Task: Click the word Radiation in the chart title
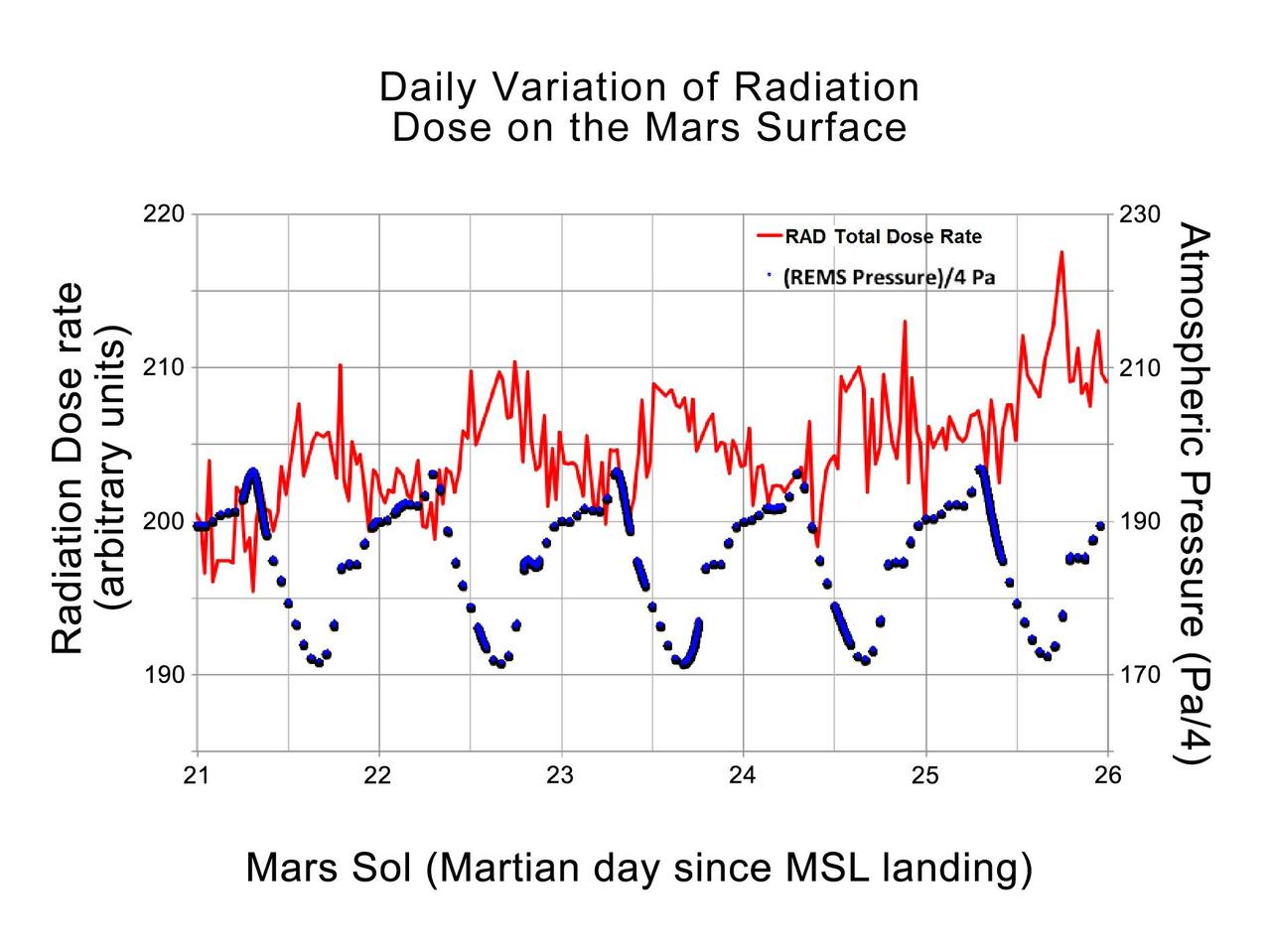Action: point(826,87)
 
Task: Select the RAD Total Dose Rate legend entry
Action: point(883,236)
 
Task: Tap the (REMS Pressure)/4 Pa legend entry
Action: point(888,277)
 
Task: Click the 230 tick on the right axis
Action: point(1139,214)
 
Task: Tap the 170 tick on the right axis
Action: point(1139,675)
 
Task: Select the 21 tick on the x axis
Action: point(197,775)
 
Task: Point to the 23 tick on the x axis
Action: point(561,775)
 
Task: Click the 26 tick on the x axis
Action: point(1107,775)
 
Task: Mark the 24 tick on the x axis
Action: point(743,775)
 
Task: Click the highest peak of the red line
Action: point(1060,252)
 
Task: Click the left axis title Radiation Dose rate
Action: point(68,469)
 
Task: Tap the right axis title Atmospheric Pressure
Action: point(1196,493)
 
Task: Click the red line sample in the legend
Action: point(770,236)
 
